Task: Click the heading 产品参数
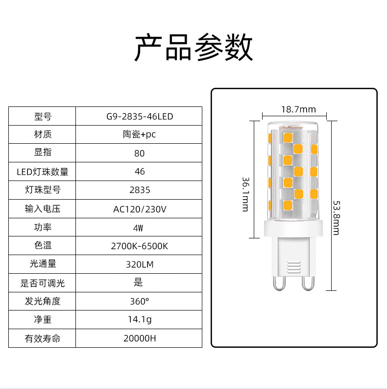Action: click(193, 48)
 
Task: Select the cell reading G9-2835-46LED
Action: click(140, 117)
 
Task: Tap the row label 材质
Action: click(43, 134)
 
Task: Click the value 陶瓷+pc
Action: click(140, 134)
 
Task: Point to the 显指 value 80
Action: click(140, 153)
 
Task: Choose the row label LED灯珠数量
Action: click(43, 172)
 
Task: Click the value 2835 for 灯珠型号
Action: click(140, 190)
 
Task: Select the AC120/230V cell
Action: click(140, 209)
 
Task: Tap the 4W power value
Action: click(140, 228)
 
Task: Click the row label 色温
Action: click(43, 245)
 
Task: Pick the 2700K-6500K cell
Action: click(140, 246)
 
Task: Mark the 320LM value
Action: click(140, 264)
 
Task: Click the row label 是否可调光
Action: click(43, 283)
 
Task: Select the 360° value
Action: click(140, 301)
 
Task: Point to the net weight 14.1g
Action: click(140, 320)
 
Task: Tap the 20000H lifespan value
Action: click(140, 338)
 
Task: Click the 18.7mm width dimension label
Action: click(298, 109)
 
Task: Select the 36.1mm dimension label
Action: click(245, 194)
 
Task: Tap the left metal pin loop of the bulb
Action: click(278, 283)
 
